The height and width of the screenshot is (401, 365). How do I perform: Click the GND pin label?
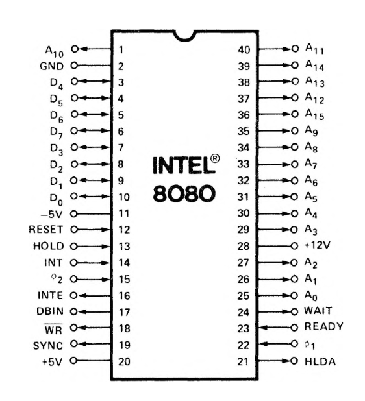click(x=51, y=66)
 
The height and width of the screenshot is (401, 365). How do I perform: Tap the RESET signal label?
click(x=46, y=230)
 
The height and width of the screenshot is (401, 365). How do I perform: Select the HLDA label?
click(x=320, y=361)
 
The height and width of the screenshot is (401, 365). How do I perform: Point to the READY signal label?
click(x=324, y=326)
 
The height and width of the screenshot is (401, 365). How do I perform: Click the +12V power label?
click(x=317, y=245)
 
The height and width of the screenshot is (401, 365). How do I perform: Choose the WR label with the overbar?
click(x=53, y=329)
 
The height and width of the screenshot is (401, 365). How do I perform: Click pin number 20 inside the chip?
click(x=124, y=361)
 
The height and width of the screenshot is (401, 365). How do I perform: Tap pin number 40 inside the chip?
click(x=244, y=49)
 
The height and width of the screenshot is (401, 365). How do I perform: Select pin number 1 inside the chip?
click(x=121, y=49)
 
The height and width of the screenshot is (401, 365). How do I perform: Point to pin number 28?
click(x=243, y=246)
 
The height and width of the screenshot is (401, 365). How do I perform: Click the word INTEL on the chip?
click(x=183, y=165)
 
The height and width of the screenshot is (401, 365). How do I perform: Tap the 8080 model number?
click(x=184, y=193)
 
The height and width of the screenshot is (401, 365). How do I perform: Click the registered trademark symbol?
click(x=215, y=158)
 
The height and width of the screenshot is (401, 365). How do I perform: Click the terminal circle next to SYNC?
click(x=74, y=344)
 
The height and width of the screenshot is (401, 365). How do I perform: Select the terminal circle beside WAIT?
click(x=294, y=311)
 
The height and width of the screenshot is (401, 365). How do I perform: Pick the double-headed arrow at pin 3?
click(x=94, y=81)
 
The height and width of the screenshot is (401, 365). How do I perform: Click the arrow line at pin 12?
click(x=94, y=230)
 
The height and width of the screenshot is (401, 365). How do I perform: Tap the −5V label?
click(x=51, y=214)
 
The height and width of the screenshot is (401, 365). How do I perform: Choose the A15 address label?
click(x=314, y=114)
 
